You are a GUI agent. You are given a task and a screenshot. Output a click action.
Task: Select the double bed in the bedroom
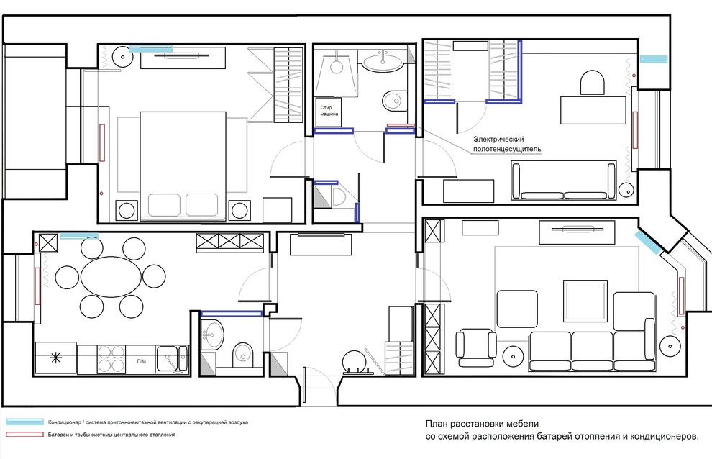183,166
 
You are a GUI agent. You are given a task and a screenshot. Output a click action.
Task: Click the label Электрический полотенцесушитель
507,144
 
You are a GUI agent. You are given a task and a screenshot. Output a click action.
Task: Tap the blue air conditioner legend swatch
25,422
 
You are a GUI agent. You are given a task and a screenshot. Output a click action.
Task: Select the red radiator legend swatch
25,435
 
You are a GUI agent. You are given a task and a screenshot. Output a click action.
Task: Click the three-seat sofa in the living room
593,351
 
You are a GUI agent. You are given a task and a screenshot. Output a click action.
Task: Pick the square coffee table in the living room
585,301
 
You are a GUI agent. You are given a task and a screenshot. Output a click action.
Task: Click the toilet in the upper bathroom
394,101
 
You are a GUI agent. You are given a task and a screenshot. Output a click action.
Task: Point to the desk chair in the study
593,83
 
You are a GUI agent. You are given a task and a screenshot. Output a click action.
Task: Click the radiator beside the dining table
37,286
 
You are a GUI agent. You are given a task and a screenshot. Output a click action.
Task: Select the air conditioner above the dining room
79,235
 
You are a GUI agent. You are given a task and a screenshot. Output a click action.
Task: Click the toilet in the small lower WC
244,354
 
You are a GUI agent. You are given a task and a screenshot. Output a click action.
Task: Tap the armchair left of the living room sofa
476,347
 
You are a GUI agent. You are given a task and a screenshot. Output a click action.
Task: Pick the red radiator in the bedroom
102,142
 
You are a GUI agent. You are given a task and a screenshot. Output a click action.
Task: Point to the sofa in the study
564,181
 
